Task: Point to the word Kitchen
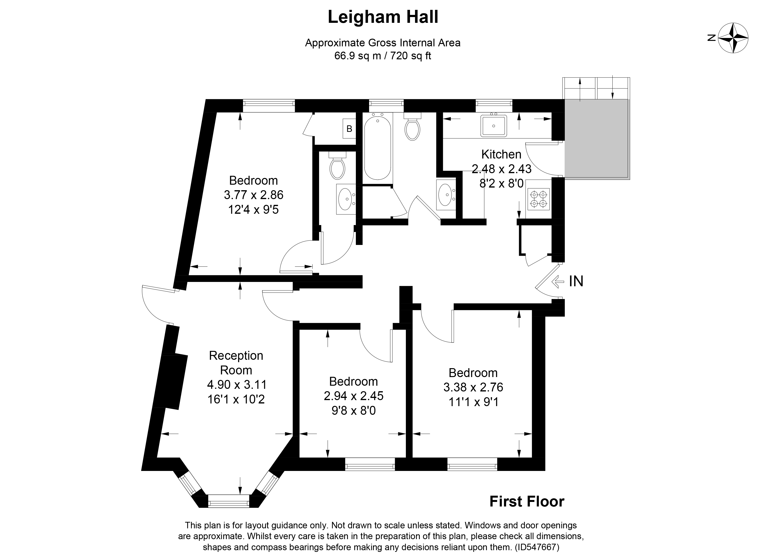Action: pos(501,154)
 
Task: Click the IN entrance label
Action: pos(576,281)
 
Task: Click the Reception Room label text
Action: pos(236,363)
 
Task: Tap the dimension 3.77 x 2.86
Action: pos(254,195)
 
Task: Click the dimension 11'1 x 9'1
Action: pos(473,402)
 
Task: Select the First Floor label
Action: pos(527,502)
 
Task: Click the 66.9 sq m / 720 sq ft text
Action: pos(383,56)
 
